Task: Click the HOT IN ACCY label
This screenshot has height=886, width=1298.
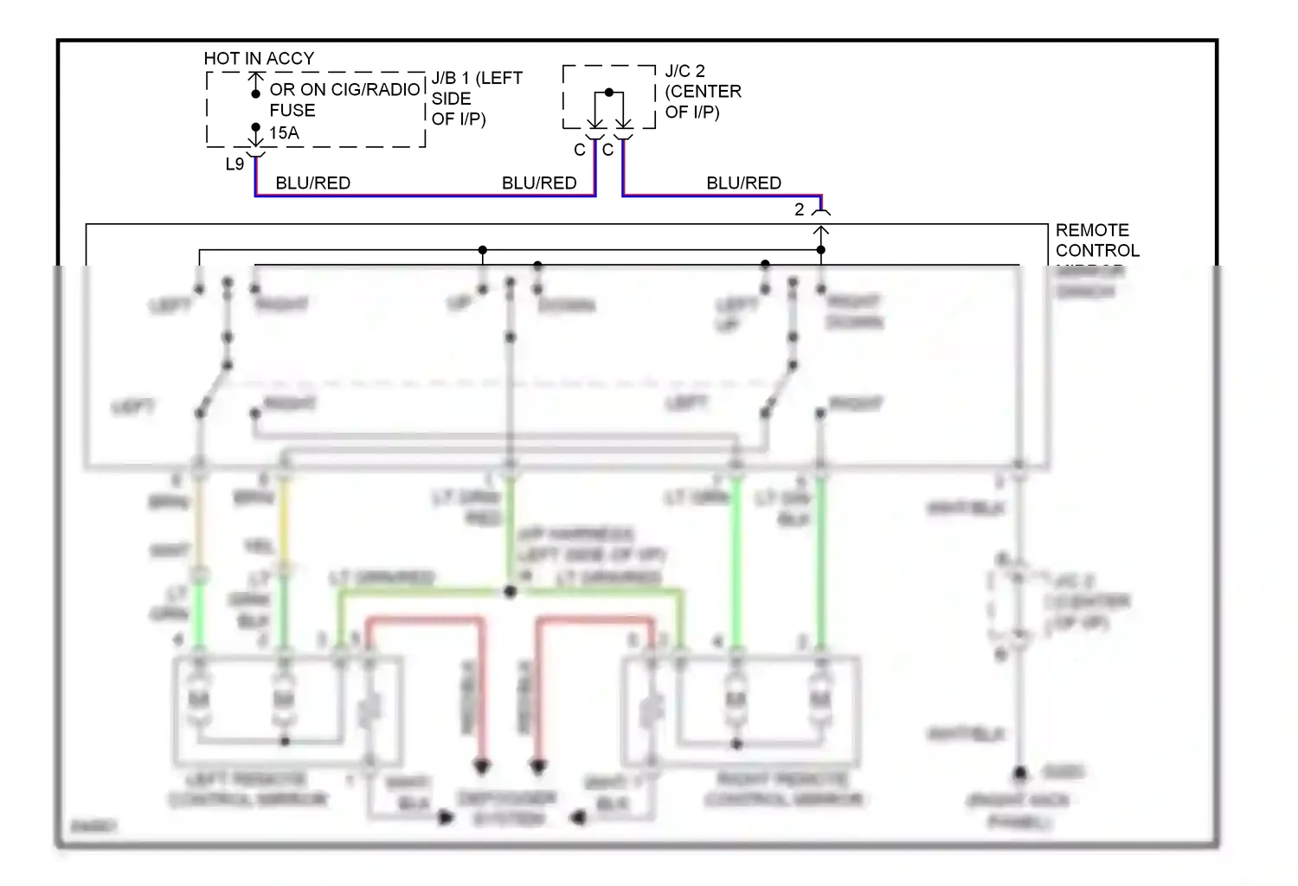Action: click(259, 59)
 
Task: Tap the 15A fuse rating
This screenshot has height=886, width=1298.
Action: click(284, 133)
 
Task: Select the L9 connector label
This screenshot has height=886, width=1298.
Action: click(235, 164)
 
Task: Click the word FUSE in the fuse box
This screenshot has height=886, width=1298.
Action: click(292, 111)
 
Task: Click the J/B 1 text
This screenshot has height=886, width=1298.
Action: click(451, 79)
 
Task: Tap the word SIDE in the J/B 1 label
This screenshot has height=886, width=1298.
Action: click(451, 99)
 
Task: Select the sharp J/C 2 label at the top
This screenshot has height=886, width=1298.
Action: click(684, 71)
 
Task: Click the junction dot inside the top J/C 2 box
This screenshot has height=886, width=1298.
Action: click(609, 93)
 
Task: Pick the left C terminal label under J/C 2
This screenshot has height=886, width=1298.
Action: click(580, 151)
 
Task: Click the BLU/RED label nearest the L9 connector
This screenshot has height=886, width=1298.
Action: click(312, 183)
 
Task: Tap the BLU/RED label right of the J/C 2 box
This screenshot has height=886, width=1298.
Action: click(743, 183)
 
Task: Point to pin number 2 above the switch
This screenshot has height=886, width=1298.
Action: click(800, 210)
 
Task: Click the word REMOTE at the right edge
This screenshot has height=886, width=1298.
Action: click(1092, 230)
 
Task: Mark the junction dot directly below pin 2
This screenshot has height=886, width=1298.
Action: click(821, 250)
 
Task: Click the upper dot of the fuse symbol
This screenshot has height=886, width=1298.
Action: click(255, 93)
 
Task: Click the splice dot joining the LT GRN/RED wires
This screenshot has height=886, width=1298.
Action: click(511, 592)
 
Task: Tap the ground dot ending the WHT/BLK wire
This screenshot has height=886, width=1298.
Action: click(1020, 773)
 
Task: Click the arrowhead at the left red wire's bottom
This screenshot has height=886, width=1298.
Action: click(482, 767)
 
